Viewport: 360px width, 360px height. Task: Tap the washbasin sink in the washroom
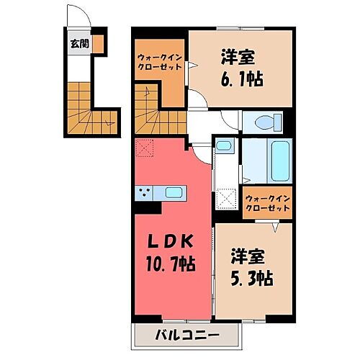click(223, 148)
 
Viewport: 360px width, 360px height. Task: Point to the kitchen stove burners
click(144, 192)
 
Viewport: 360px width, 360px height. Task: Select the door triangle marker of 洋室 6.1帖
click(193, 66)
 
